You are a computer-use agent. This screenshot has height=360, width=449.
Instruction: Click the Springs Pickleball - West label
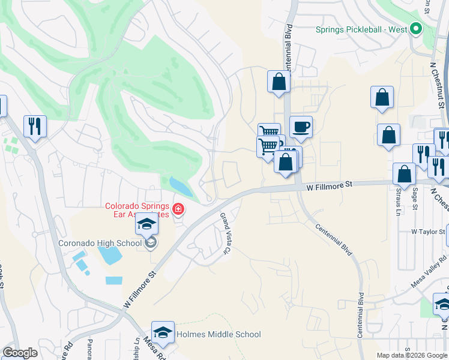tap(361, 29)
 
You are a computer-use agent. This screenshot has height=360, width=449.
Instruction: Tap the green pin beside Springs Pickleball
tap(415, 29)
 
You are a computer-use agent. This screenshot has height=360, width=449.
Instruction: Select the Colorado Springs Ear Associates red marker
tap(178, 209)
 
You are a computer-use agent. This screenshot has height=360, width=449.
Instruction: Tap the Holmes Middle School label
tap(218, 334)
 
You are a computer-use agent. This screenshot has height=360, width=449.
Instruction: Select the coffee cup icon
tap(301, 127)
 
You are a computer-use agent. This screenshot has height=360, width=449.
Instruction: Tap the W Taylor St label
tap(428, 232)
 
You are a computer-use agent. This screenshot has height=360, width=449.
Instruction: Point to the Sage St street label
tap(414, 198)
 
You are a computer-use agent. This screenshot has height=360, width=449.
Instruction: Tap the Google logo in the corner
tap(20, 353)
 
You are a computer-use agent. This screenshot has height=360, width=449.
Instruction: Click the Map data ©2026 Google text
tap(412, 355)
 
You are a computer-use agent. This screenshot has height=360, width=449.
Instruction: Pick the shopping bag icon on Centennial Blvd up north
tap(279, 82)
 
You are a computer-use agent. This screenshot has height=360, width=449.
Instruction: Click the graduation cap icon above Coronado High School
tap(146, 225)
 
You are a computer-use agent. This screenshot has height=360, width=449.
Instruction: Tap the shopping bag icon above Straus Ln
tap(404, 174)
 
